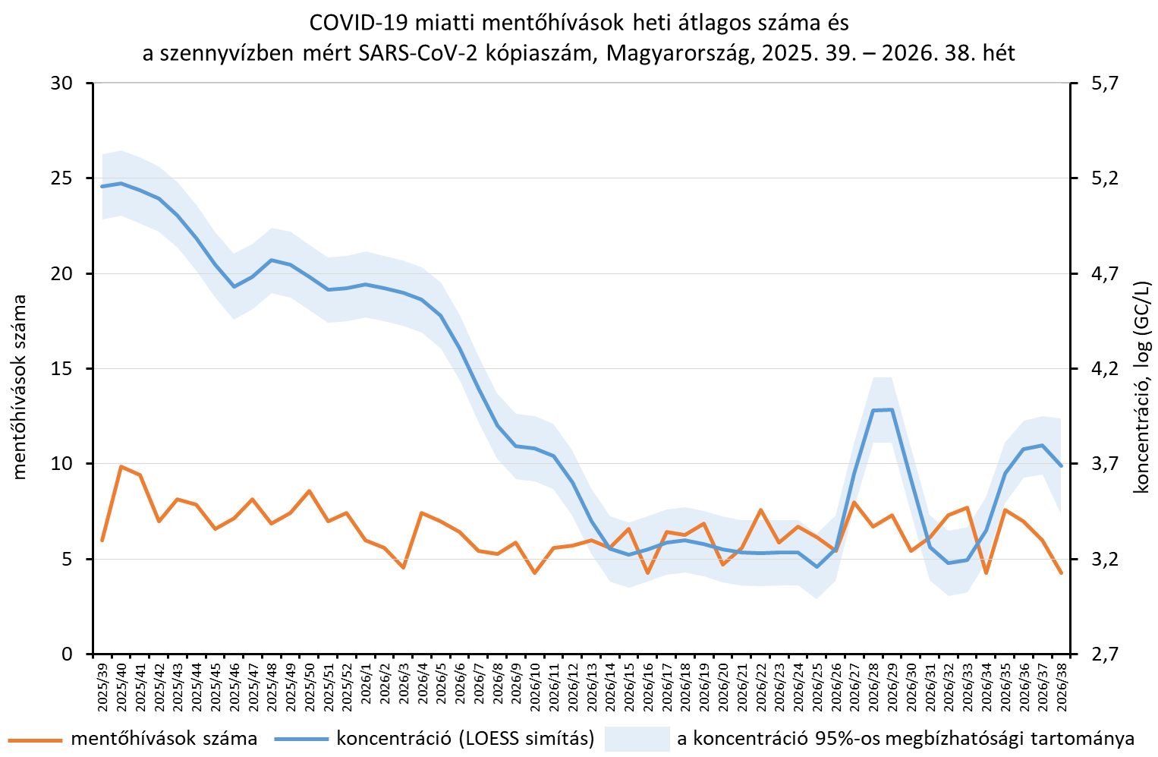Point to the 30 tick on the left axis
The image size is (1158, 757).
tap(61, 84)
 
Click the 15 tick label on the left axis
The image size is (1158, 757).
tap(61, 369)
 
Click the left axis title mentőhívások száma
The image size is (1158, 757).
tap(19, 387)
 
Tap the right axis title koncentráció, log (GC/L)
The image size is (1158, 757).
tap(1141, 387)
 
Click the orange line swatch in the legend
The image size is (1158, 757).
tap(35, 739)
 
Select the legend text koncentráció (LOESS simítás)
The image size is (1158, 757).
tap(465, 739)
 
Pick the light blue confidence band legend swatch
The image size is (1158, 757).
tap(637, 739)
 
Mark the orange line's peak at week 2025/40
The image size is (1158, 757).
tap(121, 467)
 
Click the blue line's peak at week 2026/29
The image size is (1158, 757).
tap(892, 410)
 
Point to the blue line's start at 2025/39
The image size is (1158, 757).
tap(102, 186)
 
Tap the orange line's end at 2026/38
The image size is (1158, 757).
tap(1062, 573)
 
